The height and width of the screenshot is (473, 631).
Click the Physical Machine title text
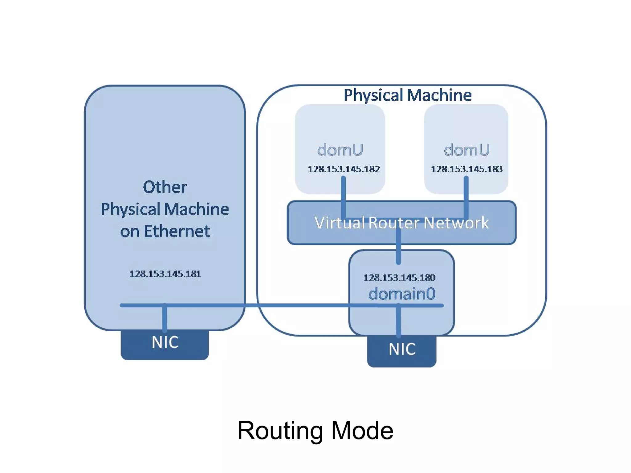tap(407, 95)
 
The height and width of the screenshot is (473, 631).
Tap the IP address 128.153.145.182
tap(344, 169)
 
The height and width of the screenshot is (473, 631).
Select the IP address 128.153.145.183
tap(466, 169)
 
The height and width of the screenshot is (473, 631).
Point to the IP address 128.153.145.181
tap(165, 274)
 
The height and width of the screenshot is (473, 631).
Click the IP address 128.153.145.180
tap(399, 278)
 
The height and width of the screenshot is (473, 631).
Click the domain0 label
tap(402, 293)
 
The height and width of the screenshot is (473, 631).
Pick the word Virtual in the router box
tap(340, 223)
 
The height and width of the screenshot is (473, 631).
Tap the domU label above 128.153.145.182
tap(340, 150)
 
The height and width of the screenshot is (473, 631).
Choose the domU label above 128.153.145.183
tap(466, 150)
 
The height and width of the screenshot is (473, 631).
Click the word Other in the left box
tap(165, 187)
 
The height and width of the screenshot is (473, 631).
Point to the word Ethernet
tap(177, 231)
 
